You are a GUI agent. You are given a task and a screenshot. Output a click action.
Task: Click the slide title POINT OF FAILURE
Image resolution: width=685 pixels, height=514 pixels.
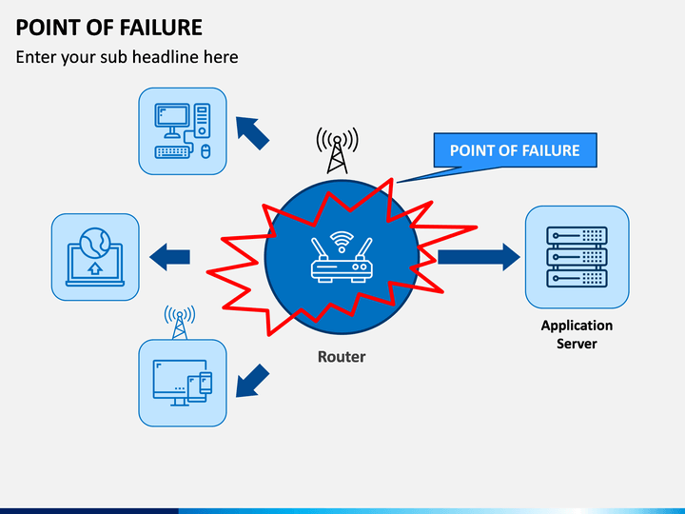[108, 27]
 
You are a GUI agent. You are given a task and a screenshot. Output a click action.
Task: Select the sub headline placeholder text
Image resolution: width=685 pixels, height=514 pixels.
[127, 57]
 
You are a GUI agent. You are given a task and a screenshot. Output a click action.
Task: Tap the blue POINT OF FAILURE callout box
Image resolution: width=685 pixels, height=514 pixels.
[515, 150]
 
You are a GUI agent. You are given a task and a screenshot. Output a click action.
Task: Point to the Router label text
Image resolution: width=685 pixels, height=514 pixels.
[342, 357]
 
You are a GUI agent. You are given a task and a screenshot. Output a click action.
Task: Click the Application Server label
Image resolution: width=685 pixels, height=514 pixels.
[577, 334]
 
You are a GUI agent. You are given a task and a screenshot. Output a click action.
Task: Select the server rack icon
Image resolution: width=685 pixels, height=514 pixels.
[577, 257]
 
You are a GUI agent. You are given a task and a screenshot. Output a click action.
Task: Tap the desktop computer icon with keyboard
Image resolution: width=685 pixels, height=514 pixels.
[183, 130]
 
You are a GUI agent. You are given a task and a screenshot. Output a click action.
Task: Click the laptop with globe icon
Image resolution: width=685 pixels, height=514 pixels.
[95, 257]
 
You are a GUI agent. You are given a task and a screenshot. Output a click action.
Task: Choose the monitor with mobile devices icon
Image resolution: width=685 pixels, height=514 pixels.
[183, 383]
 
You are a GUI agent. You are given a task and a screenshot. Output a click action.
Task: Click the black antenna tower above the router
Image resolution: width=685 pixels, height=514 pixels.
[337, 150]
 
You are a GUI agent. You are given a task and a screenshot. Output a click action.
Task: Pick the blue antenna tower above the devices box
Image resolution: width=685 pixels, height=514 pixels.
[180, 323]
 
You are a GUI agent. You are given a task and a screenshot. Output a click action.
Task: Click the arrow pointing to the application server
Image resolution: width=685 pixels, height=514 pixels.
[479, 257]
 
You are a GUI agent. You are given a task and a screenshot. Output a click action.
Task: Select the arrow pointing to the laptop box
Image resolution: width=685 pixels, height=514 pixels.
[170, 257]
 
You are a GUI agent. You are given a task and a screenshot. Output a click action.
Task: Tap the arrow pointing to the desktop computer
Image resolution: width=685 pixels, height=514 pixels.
[252, 133]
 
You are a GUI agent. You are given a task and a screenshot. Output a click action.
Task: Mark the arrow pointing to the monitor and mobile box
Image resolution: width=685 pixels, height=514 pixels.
[252, 381]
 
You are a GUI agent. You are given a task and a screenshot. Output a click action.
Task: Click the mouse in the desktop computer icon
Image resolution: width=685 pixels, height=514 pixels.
[205, 151]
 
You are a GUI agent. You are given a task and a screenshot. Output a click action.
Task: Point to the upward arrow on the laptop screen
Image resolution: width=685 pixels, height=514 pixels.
[95, 268]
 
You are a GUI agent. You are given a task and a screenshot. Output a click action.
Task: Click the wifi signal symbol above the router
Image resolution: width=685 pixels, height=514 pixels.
[342, 241]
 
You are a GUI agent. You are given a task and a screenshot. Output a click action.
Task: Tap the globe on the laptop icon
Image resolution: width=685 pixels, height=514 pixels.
[95, 243]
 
